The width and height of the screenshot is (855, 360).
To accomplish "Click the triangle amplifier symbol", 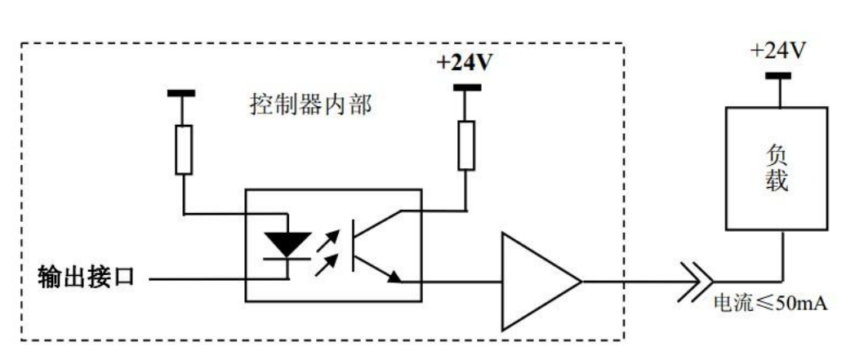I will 535,282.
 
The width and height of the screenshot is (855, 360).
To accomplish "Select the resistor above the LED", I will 185,149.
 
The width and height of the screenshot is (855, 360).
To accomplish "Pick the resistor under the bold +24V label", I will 466,145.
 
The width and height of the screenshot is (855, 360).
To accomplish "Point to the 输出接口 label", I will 86,279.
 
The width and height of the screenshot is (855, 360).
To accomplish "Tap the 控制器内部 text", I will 309,106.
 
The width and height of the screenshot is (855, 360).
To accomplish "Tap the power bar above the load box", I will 777,77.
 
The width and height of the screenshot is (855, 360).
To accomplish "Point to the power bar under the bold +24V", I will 466,87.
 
